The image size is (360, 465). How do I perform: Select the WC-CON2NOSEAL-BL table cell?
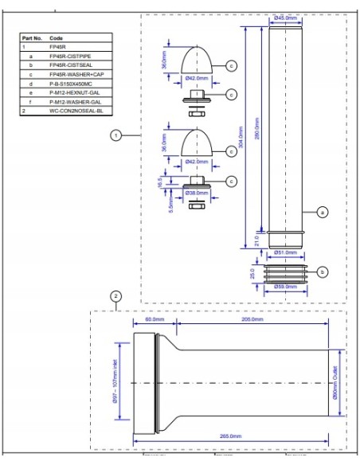tap(76, 111)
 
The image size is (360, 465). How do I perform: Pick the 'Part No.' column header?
tap(32, 37)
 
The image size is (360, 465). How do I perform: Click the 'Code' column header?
tap(57, 37)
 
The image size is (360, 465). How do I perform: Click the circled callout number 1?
tap(116, 136)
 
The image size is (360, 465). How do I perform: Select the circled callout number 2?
tap(116, 296)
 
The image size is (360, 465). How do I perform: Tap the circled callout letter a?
tap(323, 212)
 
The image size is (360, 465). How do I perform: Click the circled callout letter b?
tap(322, 272)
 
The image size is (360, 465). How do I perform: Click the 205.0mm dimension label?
tap(252, 319)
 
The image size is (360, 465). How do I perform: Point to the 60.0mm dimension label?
tap(154, 319)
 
